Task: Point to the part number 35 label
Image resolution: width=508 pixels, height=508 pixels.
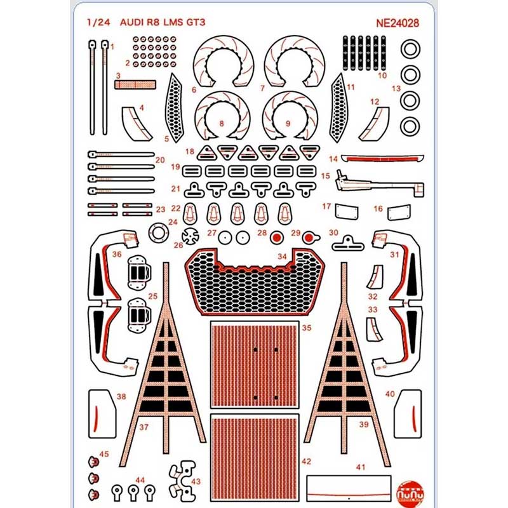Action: click(x=307, y=328)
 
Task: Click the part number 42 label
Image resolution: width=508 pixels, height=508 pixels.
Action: click(x=307, y=461)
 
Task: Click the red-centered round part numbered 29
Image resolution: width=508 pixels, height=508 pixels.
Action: click(x=309, y=238)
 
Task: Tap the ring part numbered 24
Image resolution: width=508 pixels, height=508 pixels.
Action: click(x=157, y=232)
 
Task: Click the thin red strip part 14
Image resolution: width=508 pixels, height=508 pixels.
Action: click(x=381, y=158)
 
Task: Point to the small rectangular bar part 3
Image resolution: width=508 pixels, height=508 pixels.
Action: click(x=135, y=84)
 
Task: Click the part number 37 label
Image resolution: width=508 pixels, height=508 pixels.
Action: click(x=144, y=427)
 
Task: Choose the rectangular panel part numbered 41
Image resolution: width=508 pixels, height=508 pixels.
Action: click(x=347, y=488)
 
